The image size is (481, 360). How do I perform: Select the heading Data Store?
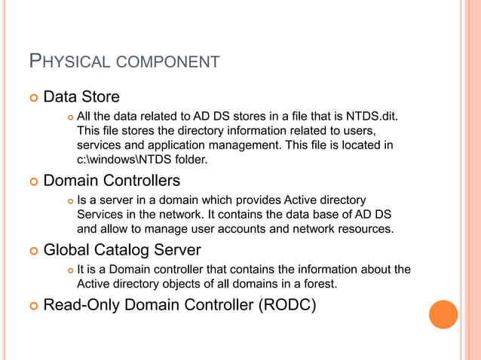[x=81, y=97]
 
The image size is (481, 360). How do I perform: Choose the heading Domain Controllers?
[x=112, y=181]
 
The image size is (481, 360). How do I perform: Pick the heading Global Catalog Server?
[x=122, y=249]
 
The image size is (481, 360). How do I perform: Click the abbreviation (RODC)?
[x=283, y=305]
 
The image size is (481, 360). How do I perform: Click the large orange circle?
[x=443, y=314]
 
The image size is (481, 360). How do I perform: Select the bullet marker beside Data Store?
[x=32, y=98]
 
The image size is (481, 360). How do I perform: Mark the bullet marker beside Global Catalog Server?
[x=32, y=250]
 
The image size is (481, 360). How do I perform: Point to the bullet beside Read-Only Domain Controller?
[x=32, y=306]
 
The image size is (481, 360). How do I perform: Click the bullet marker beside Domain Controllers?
[x=32, y=182]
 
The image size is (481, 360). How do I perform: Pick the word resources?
[x=367, y=228]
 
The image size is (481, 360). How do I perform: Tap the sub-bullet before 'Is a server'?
[x=69, y=200]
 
